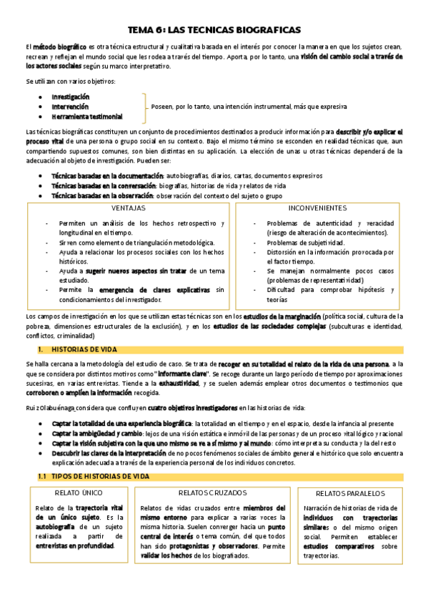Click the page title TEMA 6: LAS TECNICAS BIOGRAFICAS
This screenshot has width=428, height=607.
pos(214,30)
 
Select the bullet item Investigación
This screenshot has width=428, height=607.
pos(71,96)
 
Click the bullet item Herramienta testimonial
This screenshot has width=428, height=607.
pos(86,116)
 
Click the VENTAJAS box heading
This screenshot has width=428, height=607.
pos(129,208)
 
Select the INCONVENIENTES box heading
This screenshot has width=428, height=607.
pos(318,208)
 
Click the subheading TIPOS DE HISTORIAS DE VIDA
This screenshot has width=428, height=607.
pos(101,476)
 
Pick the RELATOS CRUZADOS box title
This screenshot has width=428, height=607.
pos(212,492)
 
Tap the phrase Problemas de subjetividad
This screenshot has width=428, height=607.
pos(306,243)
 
